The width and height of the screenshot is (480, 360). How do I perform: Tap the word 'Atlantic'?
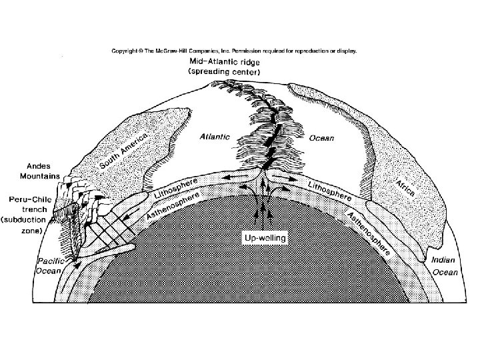[215, 137]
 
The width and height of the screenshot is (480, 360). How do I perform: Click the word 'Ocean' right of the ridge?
[321, 138]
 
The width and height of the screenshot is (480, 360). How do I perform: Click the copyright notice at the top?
[234, 50]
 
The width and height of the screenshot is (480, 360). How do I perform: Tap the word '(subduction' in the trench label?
[23, 219]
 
